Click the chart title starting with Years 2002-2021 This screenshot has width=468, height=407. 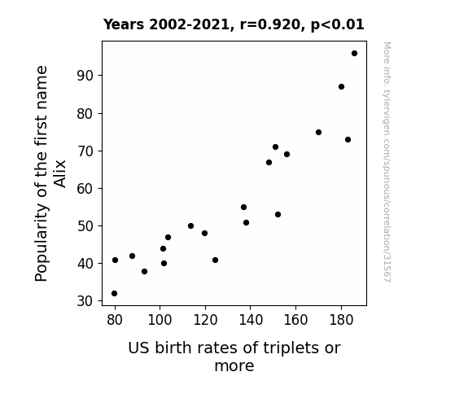click(x=234, y=24)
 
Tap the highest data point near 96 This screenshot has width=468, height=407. click(x=354, y=54)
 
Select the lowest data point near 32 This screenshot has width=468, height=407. click(x=114, y=294)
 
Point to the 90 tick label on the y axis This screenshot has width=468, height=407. click(x=85, y=76)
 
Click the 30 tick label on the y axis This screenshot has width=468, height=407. click(x=85, y=301)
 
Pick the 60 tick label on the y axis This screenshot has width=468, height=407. click(x=85, y=188)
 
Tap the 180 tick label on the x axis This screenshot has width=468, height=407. click(x=341, y=320)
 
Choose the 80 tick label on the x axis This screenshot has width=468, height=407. click(x=115, y=320)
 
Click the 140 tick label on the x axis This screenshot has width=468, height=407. click(x=251, y=320)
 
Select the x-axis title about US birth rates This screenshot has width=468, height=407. click(x=234, y=357)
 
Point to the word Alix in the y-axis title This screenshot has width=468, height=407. click(x=59, y=173)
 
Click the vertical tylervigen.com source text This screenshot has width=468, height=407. click(x=387, y=162)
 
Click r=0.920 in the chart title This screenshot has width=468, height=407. click(x=269, y=24)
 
